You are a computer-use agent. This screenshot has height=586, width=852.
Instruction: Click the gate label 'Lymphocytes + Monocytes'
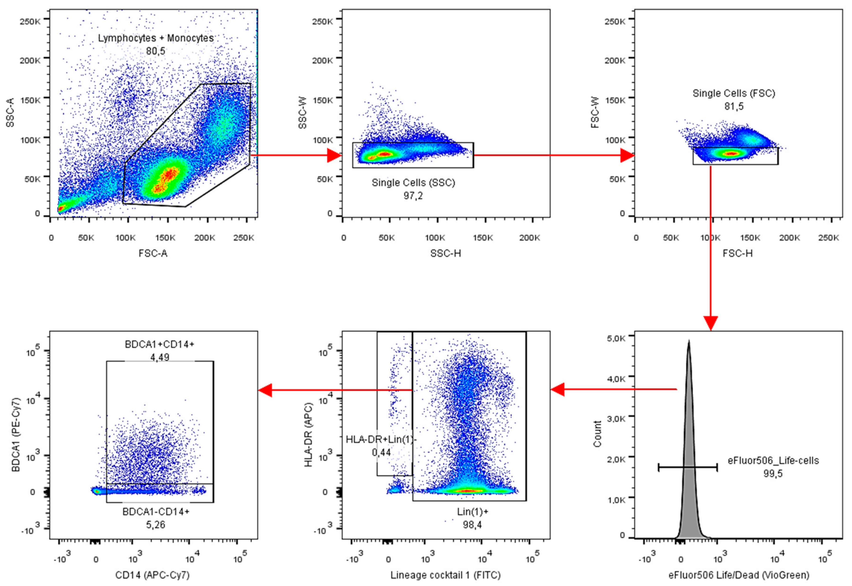[x=156, y=38]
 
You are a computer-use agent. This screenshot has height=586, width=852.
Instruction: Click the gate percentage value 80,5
[x=156, y=51]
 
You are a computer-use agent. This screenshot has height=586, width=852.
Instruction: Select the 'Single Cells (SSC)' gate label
[x=413, y=183]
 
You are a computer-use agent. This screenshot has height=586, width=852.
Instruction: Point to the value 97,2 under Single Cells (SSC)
[x=413, y=196]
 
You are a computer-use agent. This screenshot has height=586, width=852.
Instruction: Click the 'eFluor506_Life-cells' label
[x=773, y=460]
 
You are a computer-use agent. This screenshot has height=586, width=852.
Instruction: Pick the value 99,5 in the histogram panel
[x=773, y=474]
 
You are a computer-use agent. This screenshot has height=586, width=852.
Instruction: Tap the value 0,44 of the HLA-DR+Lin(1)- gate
[x=381, y=452]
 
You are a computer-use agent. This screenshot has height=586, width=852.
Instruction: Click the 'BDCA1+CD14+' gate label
[x=159, y=344]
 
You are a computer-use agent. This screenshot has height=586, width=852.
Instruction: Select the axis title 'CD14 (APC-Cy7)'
[x=152, y=575]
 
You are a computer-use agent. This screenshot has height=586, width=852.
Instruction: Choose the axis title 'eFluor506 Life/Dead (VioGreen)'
[x=739, y=575]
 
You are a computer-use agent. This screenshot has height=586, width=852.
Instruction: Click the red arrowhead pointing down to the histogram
[x=711, y=323]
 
